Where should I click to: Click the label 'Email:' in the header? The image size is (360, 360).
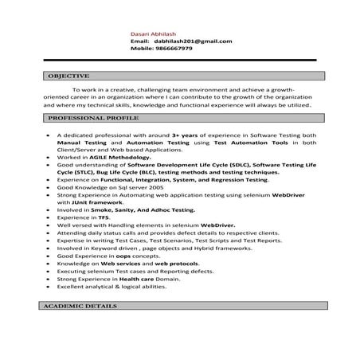(x=140, y=41)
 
